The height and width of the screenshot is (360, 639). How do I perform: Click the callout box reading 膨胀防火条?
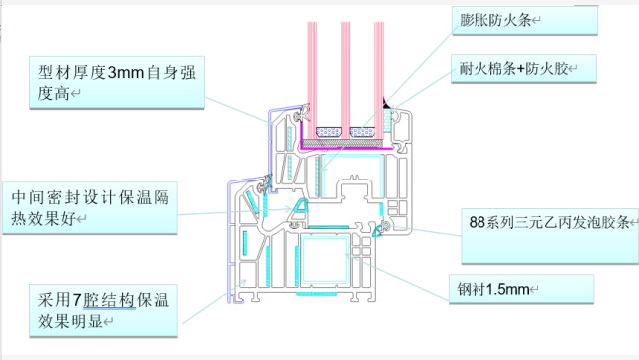coord(525,20)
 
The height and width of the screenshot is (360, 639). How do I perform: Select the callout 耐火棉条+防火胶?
coord(523,69)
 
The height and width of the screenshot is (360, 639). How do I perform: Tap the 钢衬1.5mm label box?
coord(521,289)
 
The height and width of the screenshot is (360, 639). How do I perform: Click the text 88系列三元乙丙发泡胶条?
coord(549,222)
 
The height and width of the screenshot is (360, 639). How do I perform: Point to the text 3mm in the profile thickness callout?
coord(126,73)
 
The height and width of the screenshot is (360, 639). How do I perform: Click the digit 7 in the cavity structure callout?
coord(77,300)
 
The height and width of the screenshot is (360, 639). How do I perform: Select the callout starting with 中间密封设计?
coord(90,208)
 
